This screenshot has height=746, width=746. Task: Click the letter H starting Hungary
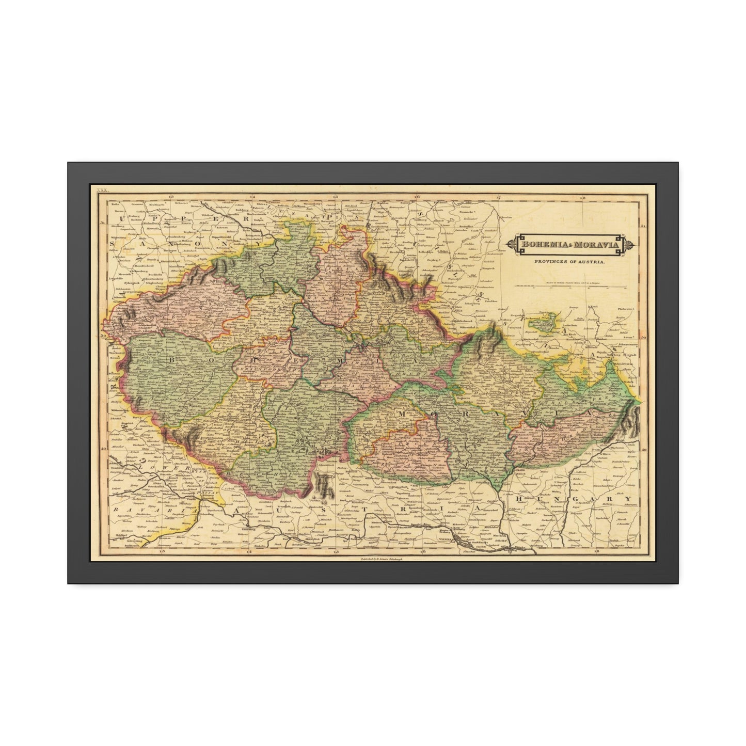(x=518, y=499)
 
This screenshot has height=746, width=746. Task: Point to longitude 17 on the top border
(x=499, y=197)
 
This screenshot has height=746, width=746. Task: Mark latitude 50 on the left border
(x=102, y=336)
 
